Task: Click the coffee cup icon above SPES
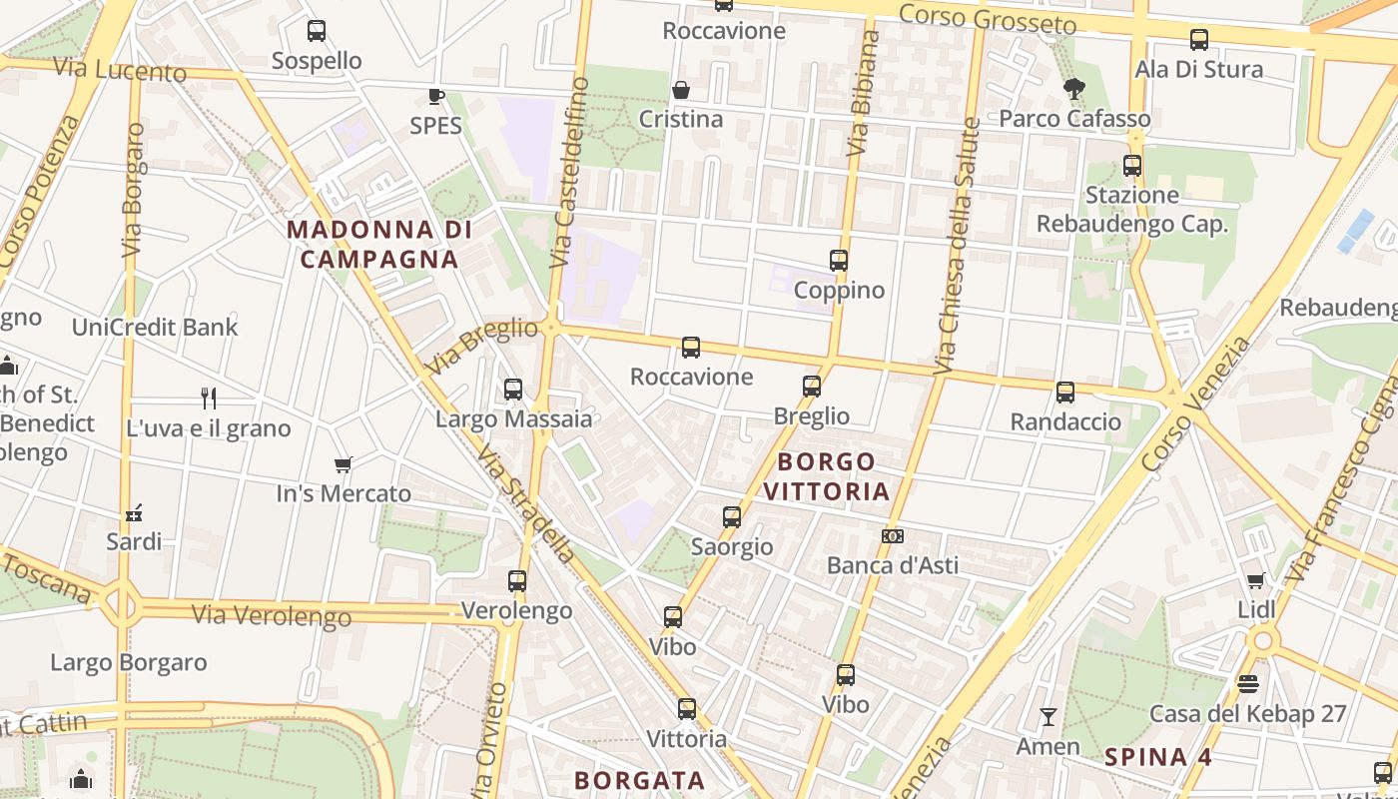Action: (436, 96)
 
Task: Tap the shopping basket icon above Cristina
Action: (681, 90)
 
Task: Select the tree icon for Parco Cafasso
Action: (1074, 89)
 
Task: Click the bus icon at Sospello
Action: (317, 31)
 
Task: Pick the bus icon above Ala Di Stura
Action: (1199, 40)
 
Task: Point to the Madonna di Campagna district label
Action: (378, 245)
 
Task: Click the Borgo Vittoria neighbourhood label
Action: (833, 476)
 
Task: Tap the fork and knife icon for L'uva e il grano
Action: (209, 399)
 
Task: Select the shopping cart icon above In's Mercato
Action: (344, 464)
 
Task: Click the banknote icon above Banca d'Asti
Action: (893, 536)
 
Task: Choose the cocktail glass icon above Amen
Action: (1048, 717)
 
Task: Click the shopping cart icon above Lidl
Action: (1256, 580)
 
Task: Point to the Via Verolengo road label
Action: (272, 614)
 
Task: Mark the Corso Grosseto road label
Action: (988, 19)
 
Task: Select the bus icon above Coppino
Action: (839, 261)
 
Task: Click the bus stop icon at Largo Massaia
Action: (513, 390)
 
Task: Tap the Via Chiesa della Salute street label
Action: (956, 246)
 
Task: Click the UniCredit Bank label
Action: (155, 327)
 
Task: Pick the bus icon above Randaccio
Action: (1065, 393)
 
